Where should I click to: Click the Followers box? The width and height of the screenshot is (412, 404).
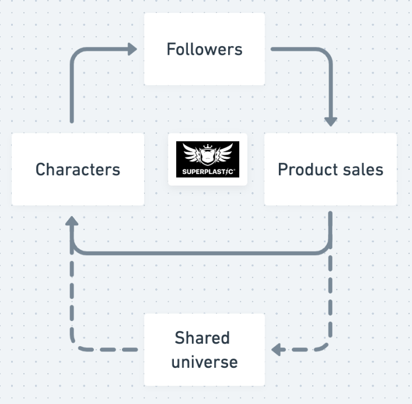(204, 49)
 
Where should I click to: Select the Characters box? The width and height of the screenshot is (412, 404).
(78, 169)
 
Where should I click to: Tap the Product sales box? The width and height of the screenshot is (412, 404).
(330, 169)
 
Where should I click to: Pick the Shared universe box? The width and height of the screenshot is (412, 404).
(204, 350)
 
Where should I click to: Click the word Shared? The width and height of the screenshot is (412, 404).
(202, 338)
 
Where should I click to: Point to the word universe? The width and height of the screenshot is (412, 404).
(204, 362)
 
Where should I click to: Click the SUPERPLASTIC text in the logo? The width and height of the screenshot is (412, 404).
(208, 171)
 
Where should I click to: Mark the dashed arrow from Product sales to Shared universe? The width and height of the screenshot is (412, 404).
(331, 304)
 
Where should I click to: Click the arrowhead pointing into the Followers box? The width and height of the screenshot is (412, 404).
(132, 49)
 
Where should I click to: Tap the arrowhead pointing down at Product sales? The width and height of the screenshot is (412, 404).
(331, 121)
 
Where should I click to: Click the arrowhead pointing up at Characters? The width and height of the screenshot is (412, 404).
(71, 221)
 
